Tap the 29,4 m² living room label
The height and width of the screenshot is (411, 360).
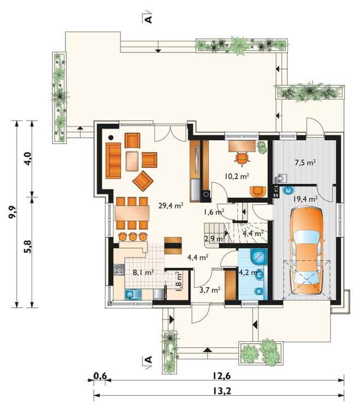[x=171, y=206]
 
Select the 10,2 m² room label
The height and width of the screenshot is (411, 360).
[x=237, y=176]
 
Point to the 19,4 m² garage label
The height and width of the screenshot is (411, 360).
[x=305, y=199]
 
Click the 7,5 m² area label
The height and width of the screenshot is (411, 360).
[x=305, y=162]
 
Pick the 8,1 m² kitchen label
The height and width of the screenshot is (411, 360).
[x=143, y=273]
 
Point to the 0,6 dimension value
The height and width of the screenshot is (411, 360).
[x=100, y=376]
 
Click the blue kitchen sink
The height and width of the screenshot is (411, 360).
[x=133, y=294]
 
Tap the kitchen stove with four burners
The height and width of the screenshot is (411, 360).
[x=119, y=269]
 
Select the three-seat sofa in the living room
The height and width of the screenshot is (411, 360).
[x=113, y=161]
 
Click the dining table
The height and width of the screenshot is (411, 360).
[x=132, y=213]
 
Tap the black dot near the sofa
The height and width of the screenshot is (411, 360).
[x=111, y=137]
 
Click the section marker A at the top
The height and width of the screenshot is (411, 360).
[x=148, y=19]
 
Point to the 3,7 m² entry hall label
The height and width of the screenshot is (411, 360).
[x=210, y=290]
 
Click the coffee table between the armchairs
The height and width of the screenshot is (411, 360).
[x=132, y=161]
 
